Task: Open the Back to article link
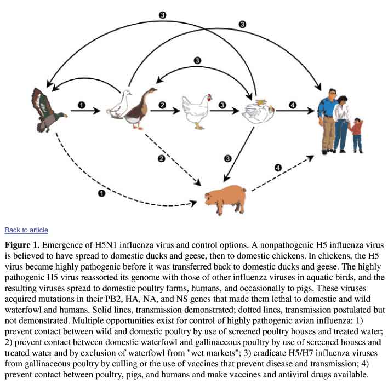click(x=26, y=230)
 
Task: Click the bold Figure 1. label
click(x=24, y=244)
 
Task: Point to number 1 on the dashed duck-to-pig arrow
click(x=101, y=193)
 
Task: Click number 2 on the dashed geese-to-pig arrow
click(x=161, y=159)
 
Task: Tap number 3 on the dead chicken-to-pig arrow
click(x=228, y=158)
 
